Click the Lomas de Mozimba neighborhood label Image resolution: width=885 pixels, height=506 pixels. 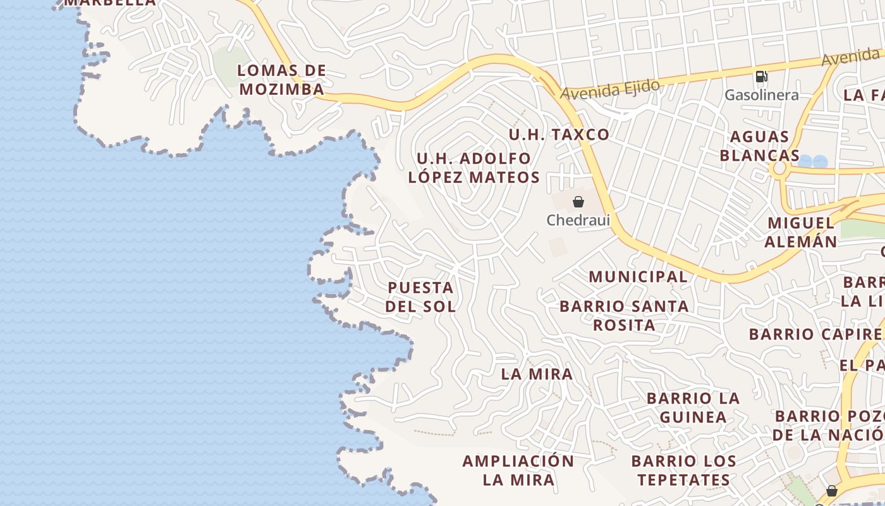point(281,80)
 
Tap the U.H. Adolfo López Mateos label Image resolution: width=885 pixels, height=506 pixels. point(474,168)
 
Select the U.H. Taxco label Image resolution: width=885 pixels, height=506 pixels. point(559,134)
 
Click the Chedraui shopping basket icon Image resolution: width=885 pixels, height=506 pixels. point(578,202)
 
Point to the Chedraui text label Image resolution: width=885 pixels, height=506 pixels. point(578,220)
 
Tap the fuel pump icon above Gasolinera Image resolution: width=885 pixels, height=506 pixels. point(761,77)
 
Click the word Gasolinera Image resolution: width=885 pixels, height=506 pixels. point(761,95)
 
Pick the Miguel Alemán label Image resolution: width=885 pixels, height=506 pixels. point(800,232)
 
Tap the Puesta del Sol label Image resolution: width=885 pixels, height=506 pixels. point(420,297)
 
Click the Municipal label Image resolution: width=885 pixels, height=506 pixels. point(638,276)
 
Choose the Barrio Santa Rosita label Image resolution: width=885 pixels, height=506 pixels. point(624,316)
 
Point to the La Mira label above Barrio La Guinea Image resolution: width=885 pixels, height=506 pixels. point(537,374)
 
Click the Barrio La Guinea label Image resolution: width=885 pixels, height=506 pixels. point(693,407)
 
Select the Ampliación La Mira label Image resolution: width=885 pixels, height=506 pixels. point(518,470)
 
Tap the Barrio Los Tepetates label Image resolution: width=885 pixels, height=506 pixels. point(683,470)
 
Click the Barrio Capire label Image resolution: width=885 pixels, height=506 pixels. point(815,334)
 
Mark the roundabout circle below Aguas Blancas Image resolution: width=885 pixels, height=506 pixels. point(779,169)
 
